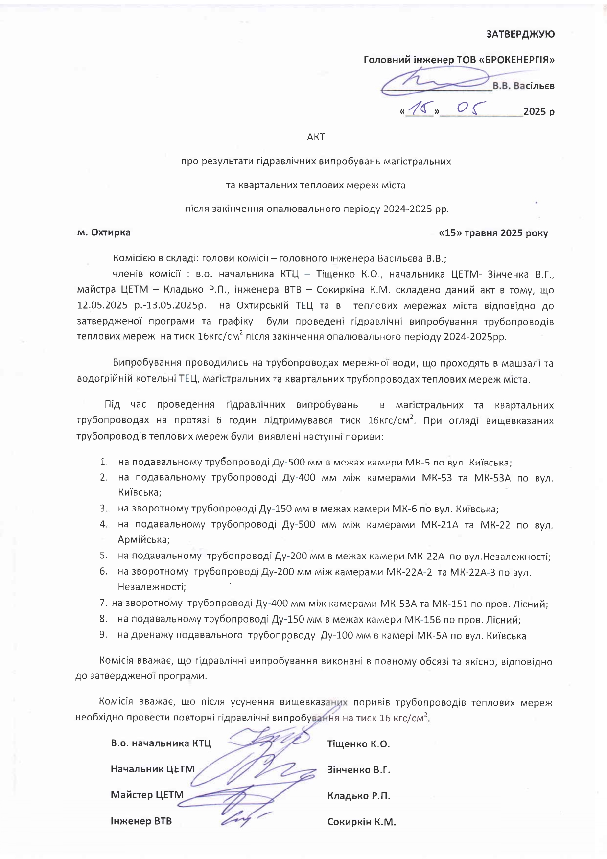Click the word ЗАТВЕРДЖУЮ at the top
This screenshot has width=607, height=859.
click(520, 34)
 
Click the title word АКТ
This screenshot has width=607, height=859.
click(316, 137)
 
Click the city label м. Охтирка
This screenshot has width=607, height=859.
click(104, 232)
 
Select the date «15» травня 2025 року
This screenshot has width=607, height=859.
click(494, 233)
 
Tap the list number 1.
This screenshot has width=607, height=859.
click(103, 462)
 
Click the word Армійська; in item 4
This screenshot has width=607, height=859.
click(144, 540)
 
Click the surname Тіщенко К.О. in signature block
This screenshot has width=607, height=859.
click(358, 744)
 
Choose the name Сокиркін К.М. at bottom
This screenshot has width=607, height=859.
click(361, 822)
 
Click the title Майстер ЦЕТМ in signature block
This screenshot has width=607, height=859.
click(147, 795)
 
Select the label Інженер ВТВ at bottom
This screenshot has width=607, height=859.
click(141, 821)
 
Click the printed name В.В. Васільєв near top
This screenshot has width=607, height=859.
click(523, 86)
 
